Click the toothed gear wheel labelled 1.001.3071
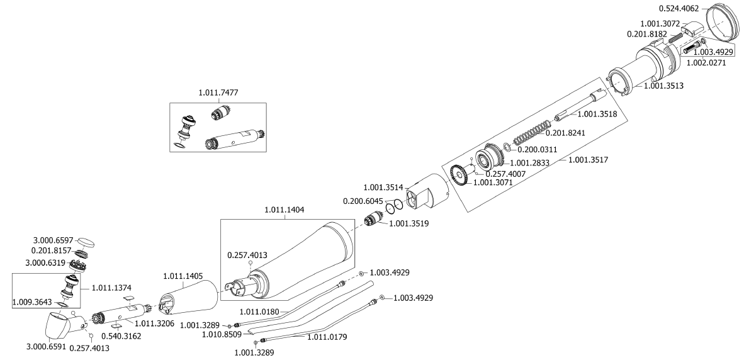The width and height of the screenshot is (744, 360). coord(460,176)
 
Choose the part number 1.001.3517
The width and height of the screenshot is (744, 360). coord(588,160)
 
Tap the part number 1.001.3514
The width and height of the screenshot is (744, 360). coord(385,187)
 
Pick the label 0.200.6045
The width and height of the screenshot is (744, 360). coord(363,201)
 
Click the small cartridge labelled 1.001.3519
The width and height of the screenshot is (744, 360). coord(376,221)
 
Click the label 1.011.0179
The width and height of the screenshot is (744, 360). coord(327,337)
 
